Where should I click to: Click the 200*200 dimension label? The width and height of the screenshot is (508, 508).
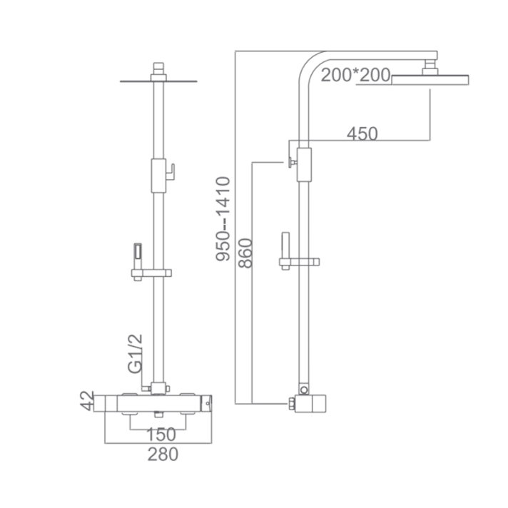tap(355, 75)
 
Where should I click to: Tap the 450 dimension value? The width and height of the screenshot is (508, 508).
tap(362, 133)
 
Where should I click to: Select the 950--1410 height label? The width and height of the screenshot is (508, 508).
tap(223, 219)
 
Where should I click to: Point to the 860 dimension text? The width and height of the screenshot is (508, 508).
tap(245, 253)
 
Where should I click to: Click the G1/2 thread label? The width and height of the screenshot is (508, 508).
tap(135, 353)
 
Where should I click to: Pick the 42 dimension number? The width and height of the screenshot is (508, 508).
tap(86, 401)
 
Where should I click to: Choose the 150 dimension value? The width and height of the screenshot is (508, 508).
tap(161, 434)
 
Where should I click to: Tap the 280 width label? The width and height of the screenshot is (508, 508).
tap(163, 454)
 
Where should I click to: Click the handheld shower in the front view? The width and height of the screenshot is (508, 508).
tap(138, 259)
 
